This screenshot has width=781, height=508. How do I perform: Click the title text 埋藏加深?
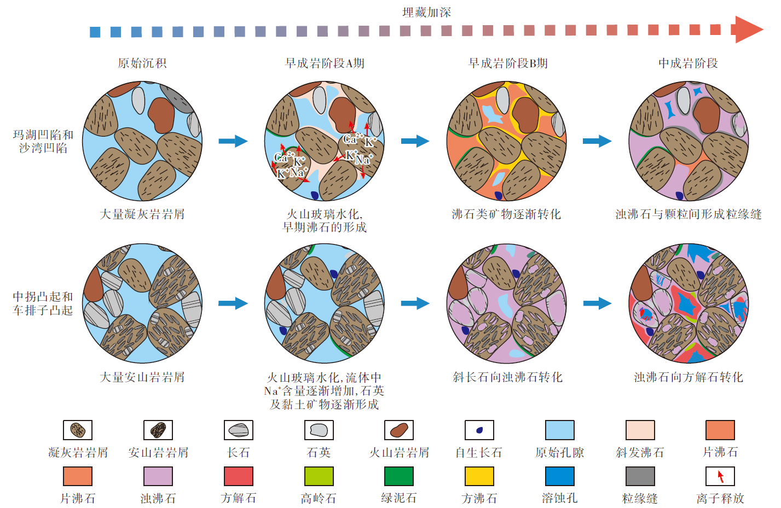pyautogui.click(x=426, y=13)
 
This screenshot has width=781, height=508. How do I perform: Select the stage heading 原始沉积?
pyautogui.click(x=142, y=63)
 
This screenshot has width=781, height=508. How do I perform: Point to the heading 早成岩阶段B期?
pyautogui.click(x=508, y=63)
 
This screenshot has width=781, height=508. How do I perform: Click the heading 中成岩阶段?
pyautogui.click(x=688, y=63)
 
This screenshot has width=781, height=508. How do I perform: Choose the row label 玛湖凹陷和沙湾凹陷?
pyautogui.click(x=43, y=142)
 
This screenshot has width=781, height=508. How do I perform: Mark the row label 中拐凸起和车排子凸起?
pyautogui.click(x=43, y=303)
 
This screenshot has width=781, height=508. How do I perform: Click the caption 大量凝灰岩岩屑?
pyautogui.click(x=142, y=214)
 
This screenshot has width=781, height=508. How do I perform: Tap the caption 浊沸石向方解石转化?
pyautogui.click(x=689, y=377)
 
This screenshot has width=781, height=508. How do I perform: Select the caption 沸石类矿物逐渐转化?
pyautogui.click(x=506, y=214)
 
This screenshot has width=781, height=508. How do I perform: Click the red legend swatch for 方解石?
pyautogui.click(x=239, y=476)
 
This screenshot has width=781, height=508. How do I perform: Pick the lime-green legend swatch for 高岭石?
pyautogui.click(x=319, y=476)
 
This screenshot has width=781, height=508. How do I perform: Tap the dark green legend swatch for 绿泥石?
pyautogui.click(x=399, y=476)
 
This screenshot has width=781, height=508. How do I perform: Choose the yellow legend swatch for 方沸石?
pyautogui.click(x=479, y=476)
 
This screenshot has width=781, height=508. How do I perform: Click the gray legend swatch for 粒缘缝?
pyautogui.click(x=640, y=476)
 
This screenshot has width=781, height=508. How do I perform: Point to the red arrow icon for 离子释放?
pyautogui.click(x=720, y=477)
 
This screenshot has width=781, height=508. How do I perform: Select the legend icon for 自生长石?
pyautogui.click(x=479, y=430)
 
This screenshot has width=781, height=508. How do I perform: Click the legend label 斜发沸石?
pyautogui.click(x=640, y=453)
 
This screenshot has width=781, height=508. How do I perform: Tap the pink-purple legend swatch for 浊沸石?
pyautogui.click(x=158, y=476)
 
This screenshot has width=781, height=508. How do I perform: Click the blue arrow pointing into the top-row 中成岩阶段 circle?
pyautogui.click(x=597, y=141)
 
